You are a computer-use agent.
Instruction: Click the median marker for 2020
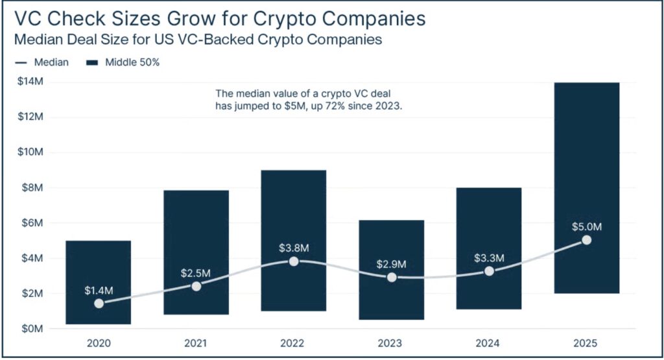click(x=99, y=303)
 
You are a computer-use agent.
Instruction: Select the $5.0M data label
click(x=586, y=227)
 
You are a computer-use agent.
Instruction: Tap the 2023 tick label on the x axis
click(x=391, y=342)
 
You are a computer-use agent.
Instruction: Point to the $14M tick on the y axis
click(x=29, y=82)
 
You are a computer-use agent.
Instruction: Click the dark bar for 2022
click(x=294, y=214)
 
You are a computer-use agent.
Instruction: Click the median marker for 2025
click(x=586, y=240)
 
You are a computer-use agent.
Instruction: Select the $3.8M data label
click(x=294, y=248)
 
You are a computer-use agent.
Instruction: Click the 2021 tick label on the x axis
click(x=196, y=342)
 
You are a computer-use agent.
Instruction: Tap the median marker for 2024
click(x=489, y=271)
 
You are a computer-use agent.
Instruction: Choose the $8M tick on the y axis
click(x=31, y=188)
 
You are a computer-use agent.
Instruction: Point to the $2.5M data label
click(x=196, y=273)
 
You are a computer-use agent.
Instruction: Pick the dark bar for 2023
click(x=391, y=240)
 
